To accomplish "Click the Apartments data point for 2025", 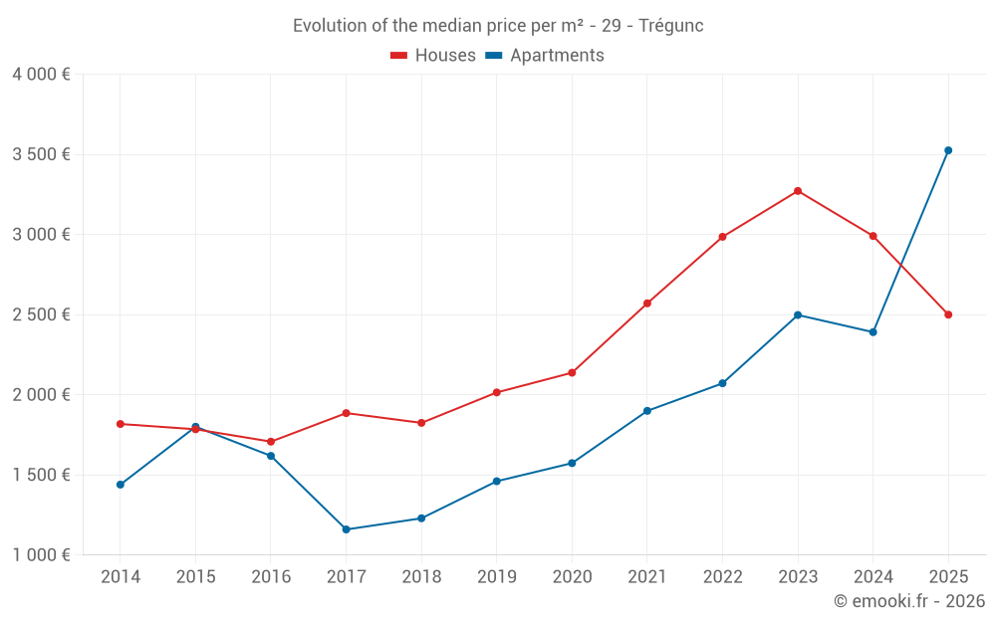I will click(948, 150).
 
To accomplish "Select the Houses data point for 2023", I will click(798, 191).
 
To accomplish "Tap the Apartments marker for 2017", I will click(346, 529).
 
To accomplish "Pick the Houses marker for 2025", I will click(948, 314).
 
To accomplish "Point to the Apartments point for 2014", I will click(121, 485).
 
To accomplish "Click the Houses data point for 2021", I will click(647, 304).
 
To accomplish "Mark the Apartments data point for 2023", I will click(798, 315).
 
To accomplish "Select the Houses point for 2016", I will click(271, 442).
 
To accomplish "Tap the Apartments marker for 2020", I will click(572, 463).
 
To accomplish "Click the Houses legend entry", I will click(434, 56).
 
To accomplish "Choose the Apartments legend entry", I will click(546, 56).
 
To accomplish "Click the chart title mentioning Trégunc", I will click(498, 26).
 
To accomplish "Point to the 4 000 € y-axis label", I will click(41, 75).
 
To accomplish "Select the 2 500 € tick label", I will click(41, 314).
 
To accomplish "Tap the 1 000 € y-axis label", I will click(41, 555).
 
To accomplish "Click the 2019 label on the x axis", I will click(497, 577).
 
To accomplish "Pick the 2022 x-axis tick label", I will click(722, 577).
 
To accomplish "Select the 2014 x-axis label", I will click(121, 577).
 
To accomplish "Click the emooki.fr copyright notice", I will click(909, 601).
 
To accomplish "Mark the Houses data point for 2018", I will click(421, 423).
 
